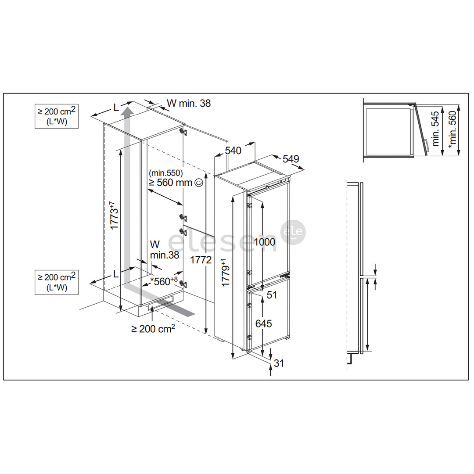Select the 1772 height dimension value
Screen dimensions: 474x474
tap(201, 260)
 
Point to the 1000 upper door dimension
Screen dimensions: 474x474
tap(265, 242)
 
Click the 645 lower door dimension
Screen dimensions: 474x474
tap(263, 323)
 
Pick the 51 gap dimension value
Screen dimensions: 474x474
tap(272, 295)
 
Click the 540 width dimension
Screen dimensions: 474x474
tap(233, 151)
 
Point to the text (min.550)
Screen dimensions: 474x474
tap(165, 173)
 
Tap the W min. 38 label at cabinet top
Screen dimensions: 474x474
tap(189, 103)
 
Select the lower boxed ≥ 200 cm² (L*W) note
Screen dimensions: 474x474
tap(57, 282)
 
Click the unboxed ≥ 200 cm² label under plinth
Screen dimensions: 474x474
tap(153, 328)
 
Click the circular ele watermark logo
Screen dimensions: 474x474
tap(293, 231)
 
